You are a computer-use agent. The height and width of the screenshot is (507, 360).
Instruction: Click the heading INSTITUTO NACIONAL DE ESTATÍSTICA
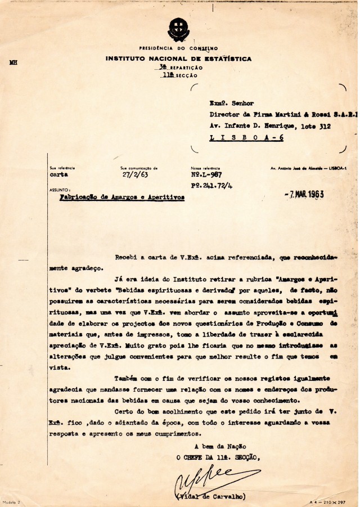pos(178,59)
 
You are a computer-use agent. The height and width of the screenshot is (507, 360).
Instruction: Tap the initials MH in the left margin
pos(14,63)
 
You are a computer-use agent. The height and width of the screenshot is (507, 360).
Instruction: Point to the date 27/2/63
pos(133,175)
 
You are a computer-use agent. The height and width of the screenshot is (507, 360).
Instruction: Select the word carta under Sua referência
pos(58,175)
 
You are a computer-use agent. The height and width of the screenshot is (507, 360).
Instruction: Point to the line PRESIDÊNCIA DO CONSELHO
pos(178,49)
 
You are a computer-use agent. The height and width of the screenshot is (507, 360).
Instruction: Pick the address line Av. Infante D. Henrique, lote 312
pos(270,125)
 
